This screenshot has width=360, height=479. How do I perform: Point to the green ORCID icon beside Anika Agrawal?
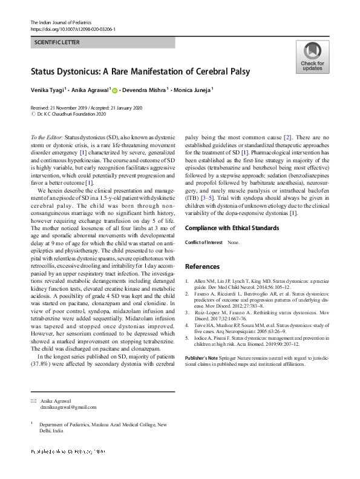pyautogui.click(x=114, y=91)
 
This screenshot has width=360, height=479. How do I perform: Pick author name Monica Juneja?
pyautogui.click(x=192, y=90)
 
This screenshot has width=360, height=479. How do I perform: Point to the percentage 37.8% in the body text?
pyautogui.click(x=41, y=381)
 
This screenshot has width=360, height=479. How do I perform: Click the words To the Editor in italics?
pyautogui.click(x=46, y=139)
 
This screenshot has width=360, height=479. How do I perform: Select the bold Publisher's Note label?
pyautogui.click(x=205, y=358)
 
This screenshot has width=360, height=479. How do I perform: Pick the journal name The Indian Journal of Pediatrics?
pyautogui.click(x=59, y=22)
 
